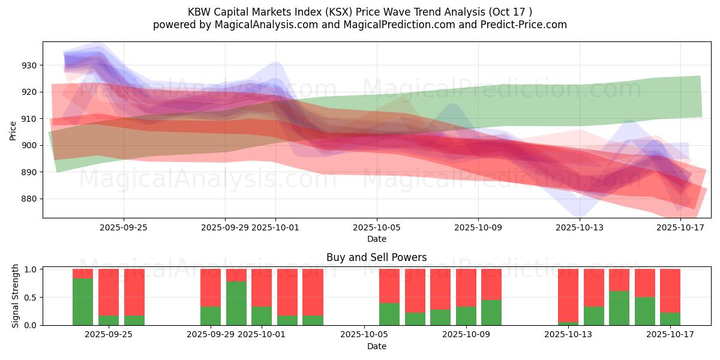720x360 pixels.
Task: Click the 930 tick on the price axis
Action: tap(30, 65)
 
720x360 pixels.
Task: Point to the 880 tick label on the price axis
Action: tap(30, 199)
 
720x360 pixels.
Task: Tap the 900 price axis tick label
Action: tap(30, 145)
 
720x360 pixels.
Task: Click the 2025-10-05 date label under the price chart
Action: tap(377, 227)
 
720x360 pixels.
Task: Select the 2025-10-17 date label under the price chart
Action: tap(680, 227)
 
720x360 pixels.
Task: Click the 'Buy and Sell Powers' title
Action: tap(376, 257)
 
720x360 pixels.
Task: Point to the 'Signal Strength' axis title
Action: tap(16, 296)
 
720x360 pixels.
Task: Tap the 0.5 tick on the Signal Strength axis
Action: tap(30, 297)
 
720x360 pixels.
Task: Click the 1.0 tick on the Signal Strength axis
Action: tap(30, 269)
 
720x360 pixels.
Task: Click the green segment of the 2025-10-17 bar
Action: tap(670, 319)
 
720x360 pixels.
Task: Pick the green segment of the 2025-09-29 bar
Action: tap(211, 316)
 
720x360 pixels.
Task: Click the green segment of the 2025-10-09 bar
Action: tap(466, 316)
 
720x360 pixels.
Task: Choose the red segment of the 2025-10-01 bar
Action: tap(262, 287)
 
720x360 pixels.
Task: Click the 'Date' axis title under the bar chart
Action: tap(376, 346)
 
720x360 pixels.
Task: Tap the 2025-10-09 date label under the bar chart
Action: tap(466, 335)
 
